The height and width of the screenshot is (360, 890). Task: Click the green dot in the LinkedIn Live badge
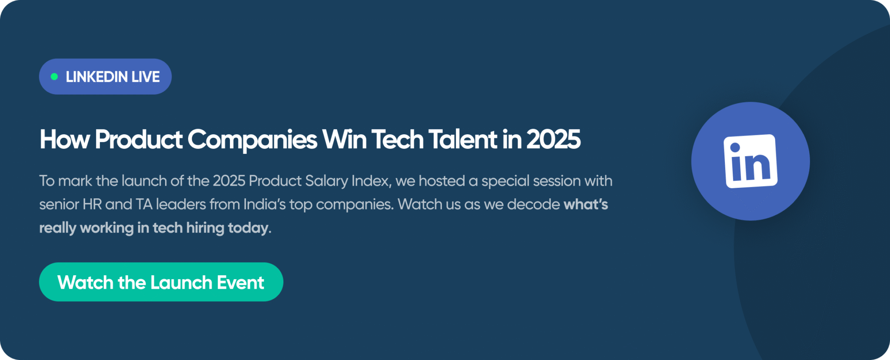tap(54, 77)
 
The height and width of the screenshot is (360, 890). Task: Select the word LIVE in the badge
tap(146, 77)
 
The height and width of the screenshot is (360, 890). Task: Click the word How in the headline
tap(65, 140)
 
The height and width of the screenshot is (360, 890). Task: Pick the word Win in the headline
tap(344, 140)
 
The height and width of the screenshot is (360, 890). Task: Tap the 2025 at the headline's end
tap(554, 140)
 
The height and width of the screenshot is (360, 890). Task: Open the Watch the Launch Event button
tap(161, 282)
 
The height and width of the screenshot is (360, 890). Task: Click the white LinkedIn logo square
tap(751, 161)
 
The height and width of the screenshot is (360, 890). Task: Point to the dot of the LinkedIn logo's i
tap(735, 148)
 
